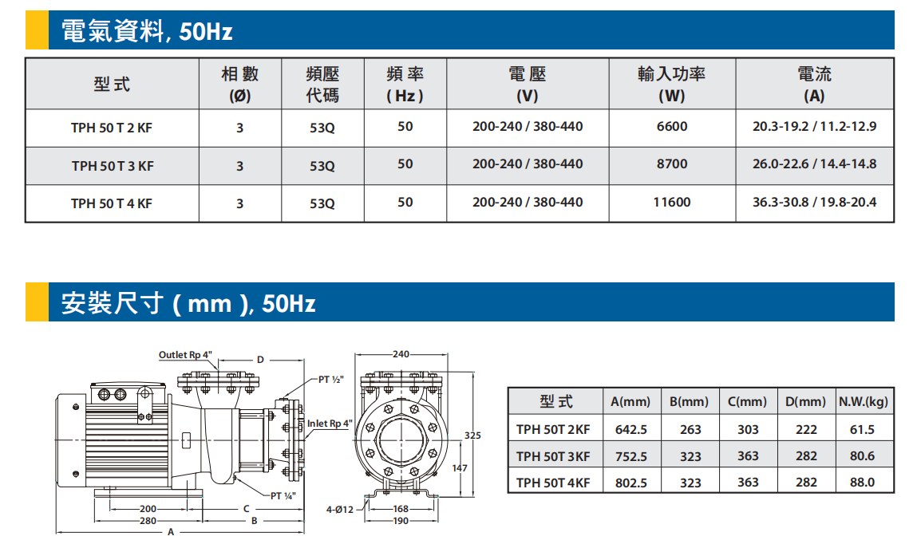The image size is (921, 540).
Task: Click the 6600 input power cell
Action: point(672,126)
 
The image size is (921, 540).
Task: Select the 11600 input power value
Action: point(672,202)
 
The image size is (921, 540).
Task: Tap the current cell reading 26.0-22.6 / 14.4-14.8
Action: point(814,164)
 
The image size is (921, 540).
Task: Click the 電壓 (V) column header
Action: point(527,84)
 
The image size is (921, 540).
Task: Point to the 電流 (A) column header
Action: point(814,84)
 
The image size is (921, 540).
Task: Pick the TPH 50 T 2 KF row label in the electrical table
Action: point(112,128)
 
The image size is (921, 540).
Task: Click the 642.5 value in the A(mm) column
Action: point(630,430)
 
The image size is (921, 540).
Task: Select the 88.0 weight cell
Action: point(862,483)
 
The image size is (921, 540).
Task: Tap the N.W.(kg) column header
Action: point(864,401)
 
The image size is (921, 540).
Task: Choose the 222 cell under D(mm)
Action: point(806,430)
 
